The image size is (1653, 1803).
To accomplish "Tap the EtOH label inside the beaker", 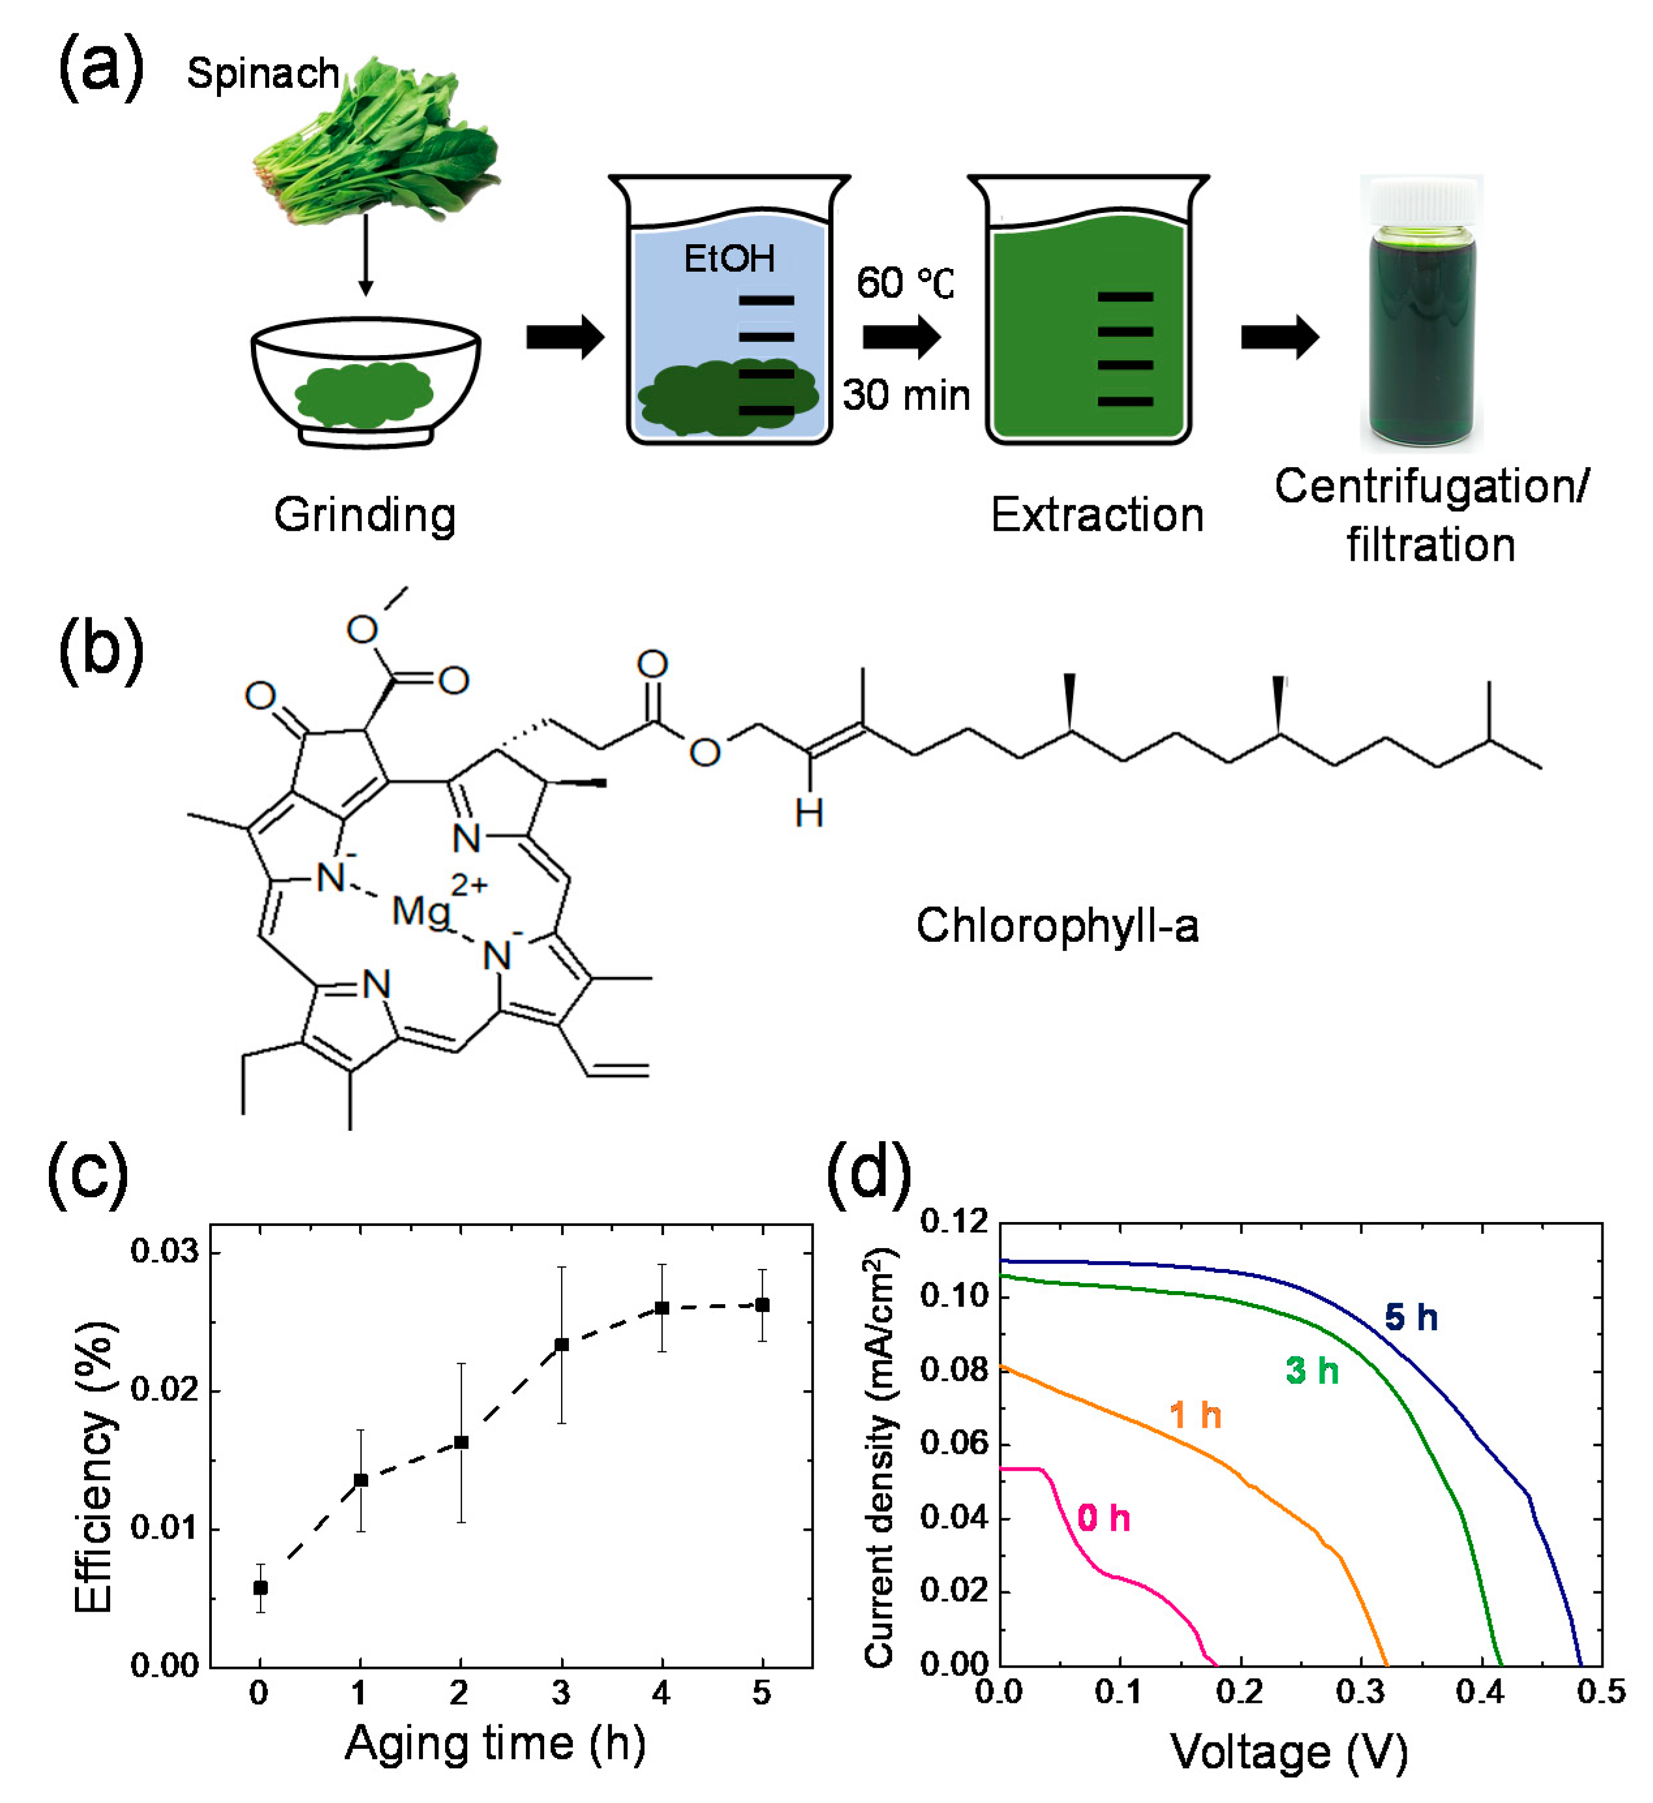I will tap(729, 259).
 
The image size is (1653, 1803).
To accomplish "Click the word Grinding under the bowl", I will tap(365, 515).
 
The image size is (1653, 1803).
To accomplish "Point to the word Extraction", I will tap(1097, 515).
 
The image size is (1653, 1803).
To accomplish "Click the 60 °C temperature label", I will tap(904, 283).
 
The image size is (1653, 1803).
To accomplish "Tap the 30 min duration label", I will tap(906, 395).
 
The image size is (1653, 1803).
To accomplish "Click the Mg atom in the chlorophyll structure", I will tap(420, 912).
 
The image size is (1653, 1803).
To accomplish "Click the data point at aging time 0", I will tap(260, 1588).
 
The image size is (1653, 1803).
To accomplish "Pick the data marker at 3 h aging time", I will tap(562, 1345).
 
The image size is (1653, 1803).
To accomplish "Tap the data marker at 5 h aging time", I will tap(762, 1306).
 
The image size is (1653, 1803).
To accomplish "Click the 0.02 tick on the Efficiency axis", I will tap(165, 1390).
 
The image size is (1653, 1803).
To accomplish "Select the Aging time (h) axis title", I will tap(496, 1743).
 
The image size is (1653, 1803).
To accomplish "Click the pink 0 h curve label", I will tap(1104, 1518).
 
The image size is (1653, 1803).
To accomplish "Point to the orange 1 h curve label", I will tap(1195, 1415).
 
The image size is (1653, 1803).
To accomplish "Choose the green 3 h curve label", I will tap(1312, 1370).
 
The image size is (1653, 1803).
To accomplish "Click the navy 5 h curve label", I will tap(1411, 1317).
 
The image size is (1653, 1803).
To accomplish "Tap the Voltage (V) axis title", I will tap(1289, 1752).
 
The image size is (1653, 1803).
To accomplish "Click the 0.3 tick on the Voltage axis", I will tap(1360, 1692).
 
